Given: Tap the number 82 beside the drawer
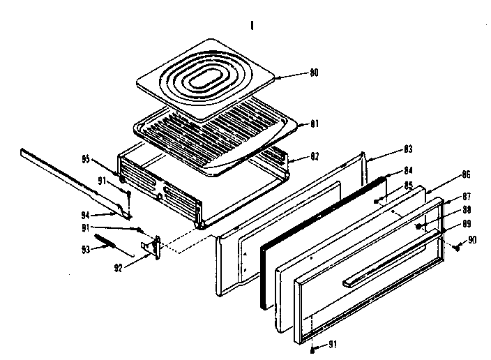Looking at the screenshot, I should point(305,160).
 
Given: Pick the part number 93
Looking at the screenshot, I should point(87,249).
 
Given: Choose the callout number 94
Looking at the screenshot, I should point(85,216).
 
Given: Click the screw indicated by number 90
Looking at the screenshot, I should point(456,246).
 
